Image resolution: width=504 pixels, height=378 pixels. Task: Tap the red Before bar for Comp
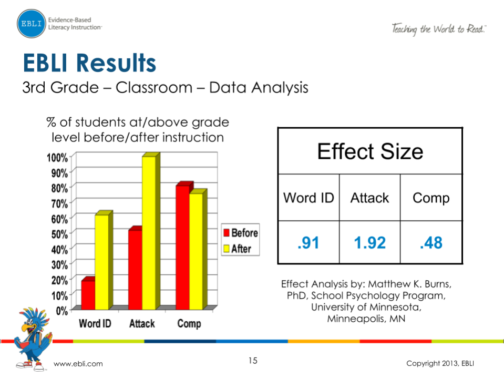point(182,247)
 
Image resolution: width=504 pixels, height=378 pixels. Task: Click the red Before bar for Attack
point(135,269)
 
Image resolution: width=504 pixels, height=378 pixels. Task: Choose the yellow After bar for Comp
point(196,251)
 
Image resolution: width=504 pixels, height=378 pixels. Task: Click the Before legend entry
point(241,233)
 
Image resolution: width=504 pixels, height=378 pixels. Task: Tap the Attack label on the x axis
point(142,323)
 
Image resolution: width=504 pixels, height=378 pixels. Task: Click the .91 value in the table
point(308,242)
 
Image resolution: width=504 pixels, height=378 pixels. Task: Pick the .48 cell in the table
point(431,242)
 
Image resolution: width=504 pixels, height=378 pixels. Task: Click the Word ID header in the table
point(308,198)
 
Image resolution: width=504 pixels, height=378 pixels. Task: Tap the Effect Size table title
point(370,151)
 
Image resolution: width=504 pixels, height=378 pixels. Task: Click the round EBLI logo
point(31,23)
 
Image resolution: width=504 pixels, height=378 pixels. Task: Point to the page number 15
point(253,361)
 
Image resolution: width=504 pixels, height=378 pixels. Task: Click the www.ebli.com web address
point(79,364)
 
